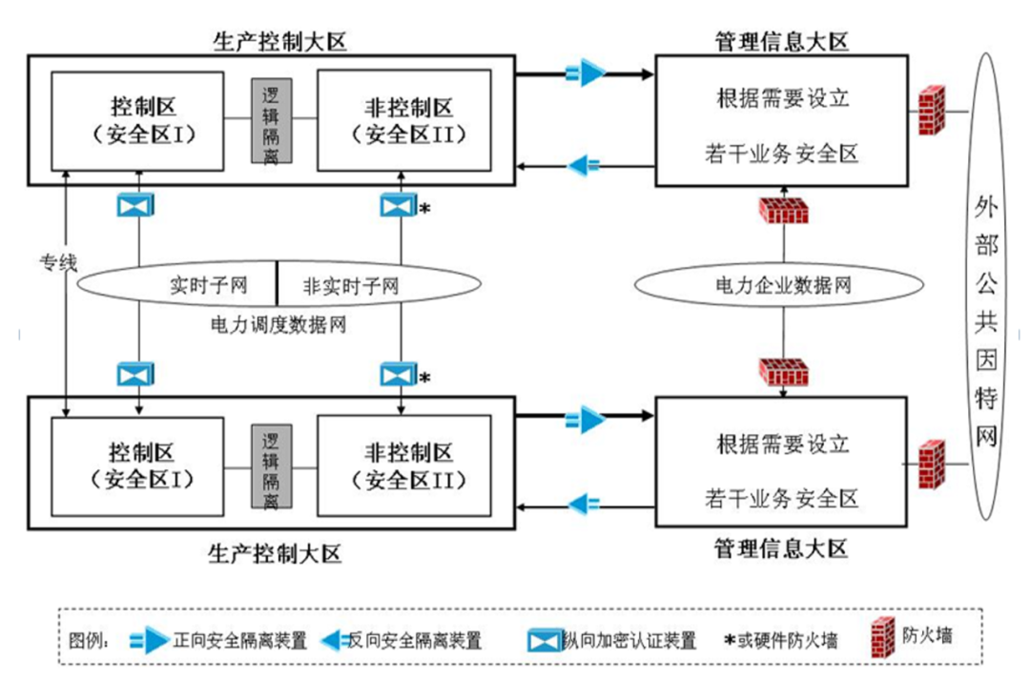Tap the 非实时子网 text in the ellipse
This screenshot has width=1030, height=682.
click(x=350, y=284)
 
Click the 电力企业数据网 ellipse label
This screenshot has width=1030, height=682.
click(x=783, y=284)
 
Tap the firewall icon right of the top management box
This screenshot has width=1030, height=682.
click(x=931, y=112)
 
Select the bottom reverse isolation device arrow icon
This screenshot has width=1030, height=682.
click(x=584, y=502)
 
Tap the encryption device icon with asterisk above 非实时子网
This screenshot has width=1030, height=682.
click(x=395, y=205)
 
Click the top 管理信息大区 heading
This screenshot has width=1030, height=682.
click(x=781, y=41)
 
